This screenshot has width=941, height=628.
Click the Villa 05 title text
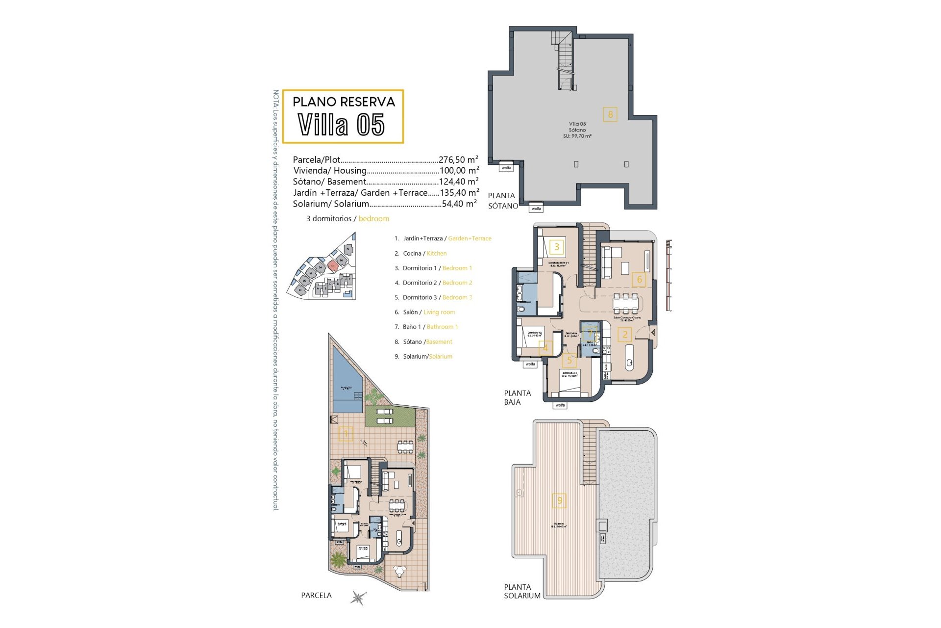342,125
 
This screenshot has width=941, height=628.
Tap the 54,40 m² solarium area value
459,204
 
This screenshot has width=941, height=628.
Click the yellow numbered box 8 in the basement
610,114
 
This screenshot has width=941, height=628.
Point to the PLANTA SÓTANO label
502,201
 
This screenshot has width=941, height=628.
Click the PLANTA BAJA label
517,397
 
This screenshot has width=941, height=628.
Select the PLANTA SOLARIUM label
522,591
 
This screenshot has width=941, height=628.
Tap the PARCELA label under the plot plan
316,595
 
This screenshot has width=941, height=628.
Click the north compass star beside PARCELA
358,597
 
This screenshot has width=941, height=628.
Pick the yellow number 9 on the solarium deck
560,500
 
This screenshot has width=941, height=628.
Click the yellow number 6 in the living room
639,280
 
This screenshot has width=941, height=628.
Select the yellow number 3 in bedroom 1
557,247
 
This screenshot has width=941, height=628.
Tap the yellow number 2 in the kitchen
625,335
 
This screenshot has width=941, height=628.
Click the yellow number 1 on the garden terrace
346,434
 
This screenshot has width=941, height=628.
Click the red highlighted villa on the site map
333,266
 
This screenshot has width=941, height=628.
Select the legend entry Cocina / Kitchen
424,253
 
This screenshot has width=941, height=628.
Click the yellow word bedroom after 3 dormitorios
373,218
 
